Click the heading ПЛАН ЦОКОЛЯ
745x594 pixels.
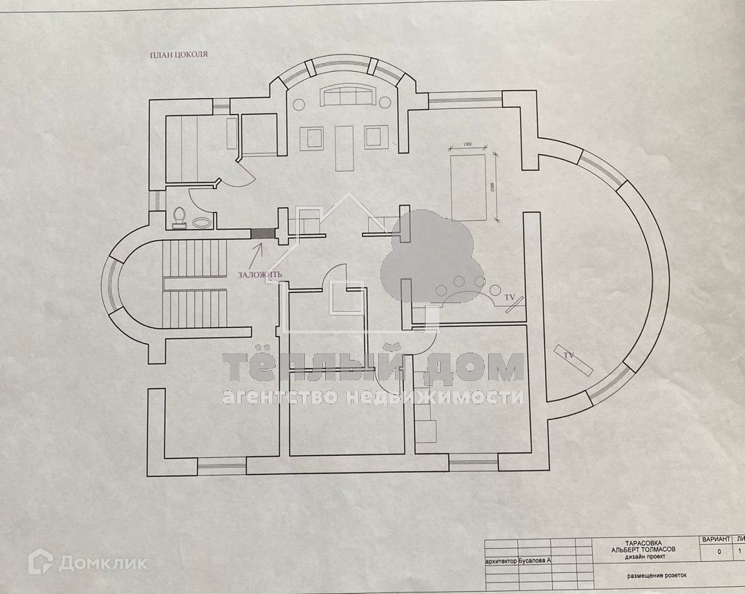pos(178,54)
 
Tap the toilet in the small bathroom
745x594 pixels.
pos(180,217)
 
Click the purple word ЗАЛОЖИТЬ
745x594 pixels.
pos(260,275)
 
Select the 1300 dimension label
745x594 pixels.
pos(468,145)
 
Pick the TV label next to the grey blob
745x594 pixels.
pos(510,298)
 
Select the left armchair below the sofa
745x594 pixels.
pos(314,137)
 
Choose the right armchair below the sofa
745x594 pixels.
pos(375,137)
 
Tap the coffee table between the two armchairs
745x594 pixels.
pos(344,148)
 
